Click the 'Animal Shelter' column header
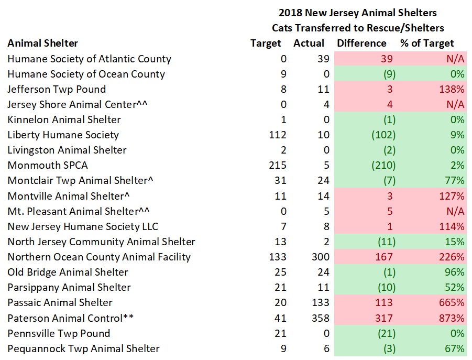point(42,43)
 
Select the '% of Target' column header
point(427,43)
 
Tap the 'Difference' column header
point(361,43)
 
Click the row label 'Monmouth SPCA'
point(48,166)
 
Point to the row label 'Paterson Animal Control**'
point(70,318)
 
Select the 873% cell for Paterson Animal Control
point(453,318)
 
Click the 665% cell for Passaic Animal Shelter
point(453,302)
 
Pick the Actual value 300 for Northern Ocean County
point(321,257)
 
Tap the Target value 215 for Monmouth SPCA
point(277,166)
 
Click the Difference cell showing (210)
point(383,166)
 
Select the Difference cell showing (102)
point(383,135)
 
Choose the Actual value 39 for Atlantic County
point(324,59)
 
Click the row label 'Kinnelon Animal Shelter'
point(64,120)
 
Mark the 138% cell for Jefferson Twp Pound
point(453,90)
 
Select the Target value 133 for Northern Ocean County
point(277,257)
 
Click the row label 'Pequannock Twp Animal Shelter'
point(83,348)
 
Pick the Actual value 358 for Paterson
point(321,318)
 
